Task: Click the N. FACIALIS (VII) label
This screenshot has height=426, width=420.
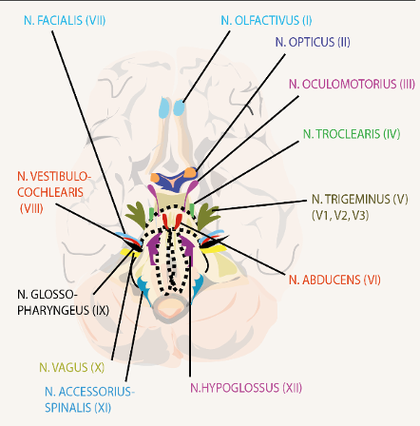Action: [x=65, y=21]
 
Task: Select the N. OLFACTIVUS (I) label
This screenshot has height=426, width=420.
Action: [x=266, y=21]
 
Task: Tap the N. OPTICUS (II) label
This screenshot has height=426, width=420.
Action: [x=313, y=42]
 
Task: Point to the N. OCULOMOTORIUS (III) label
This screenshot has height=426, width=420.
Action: [x=352, y=84]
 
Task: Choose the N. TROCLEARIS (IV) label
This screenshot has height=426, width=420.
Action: [x=352, y=134]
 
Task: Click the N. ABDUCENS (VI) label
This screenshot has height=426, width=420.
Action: [x=334, y=280]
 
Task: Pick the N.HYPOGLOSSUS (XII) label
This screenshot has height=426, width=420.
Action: [x=246, y=388]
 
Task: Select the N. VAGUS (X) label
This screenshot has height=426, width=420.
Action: [x=72, y=367]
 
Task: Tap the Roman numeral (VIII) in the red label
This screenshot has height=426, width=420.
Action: [x=31, y=209]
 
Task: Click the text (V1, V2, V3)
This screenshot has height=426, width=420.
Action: [x=340, y=216]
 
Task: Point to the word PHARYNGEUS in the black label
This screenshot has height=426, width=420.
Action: [x=53, y=310]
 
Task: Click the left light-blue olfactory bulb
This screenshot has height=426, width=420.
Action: [x=164, y=107]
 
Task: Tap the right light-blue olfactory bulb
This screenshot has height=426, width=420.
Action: [x=179, y=107]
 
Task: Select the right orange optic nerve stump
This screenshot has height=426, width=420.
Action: [x=190, y=173]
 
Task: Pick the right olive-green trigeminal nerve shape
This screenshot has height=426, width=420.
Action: [x=207, y=217]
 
